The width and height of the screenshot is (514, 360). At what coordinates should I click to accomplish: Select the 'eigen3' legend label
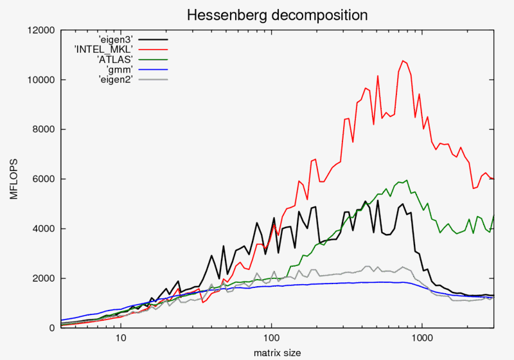pyautogui.click(x=116, y=39)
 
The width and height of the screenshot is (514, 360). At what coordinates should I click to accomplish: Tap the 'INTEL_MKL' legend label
pyautogui.click(x=106, y=49)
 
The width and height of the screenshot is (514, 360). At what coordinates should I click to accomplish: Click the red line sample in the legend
pyautogui.click(x=153, y=49)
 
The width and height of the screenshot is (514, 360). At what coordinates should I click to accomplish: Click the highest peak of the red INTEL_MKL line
pyautogui.click(x=403, y=61)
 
